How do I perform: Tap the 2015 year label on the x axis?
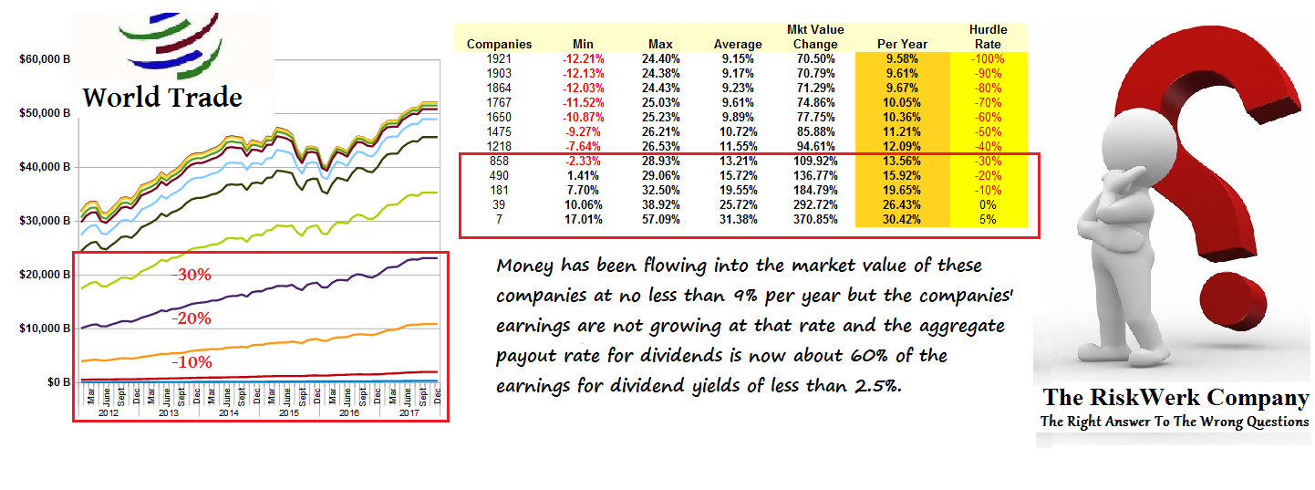click(x=288, y=412)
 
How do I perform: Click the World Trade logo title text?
click(x=162, y=98)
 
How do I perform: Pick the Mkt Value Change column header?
click(x=815, y=36)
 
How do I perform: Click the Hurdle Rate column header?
click(x=988, y=36)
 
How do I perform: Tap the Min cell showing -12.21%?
click(x=583, y=58)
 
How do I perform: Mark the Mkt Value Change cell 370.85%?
click(x=815, y=219)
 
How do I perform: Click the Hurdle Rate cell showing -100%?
click(x=988, y=58)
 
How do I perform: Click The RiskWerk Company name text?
click(x=1175, y=398)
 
